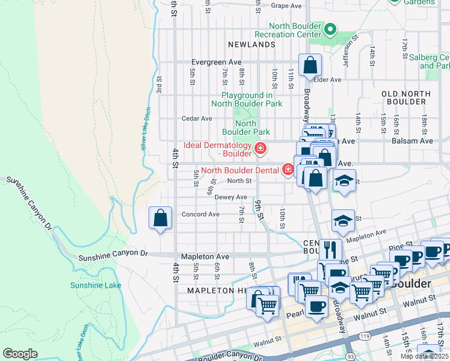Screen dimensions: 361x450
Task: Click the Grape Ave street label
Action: click(x=286, y=5)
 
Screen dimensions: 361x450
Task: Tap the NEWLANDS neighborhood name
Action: click(x=251, y=45)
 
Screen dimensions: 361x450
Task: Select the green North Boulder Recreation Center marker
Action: click(x=330, y=29)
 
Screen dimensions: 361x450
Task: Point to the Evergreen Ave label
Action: click(x=216, y=62)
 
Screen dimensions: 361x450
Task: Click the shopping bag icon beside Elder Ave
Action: click(x=310, y=66)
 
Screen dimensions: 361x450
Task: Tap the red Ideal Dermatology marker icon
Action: click(x=260, y=148)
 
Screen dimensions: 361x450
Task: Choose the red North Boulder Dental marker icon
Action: click(x=288, y=170)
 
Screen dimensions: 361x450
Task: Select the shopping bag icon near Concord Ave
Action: click(x=161, y=218)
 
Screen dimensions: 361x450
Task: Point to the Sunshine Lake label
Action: click(x=96, y=285)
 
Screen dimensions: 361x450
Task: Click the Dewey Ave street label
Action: click(x=231, y=197)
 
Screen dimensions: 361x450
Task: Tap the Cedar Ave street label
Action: click(x=197, y=119)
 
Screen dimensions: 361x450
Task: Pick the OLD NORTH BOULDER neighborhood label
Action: click(x=406, y=98)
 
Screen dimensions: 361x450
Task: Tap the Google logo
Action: click(x=20, y=354)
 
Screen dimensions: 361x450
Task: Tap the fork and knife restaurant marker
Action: click(x=330, y=249)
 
